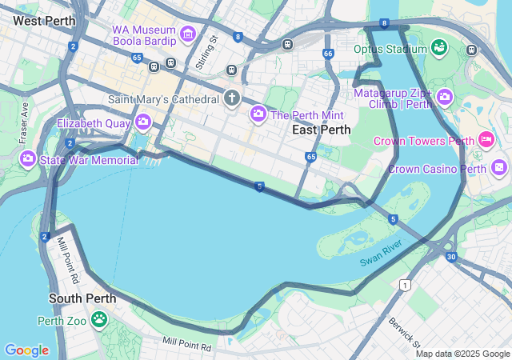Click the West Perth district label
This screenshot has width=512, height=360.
45,20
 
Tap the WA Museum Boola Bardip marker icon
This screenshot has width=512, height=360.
188,34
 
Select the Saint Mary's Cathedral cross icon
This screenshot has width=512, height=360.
232,99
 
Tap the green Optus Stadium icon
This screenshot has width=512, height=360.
438,49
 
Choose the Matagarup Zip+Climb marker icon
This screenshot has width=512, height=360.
445,98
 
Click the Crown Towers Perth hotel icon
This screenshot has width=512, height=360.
486,141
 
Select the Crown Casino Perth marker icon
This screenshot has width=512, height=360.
499,168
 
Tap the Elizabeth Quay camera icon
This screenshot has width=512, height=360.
143,122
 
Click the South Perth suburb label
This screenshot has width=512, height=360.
82,298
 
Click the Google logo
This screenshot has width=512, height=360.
26,350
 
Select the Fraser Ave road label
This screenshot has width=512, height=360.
24,122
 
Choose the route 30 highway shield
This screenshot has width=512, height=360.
451,257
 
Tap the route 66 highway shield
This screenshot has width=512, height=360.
328,54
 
